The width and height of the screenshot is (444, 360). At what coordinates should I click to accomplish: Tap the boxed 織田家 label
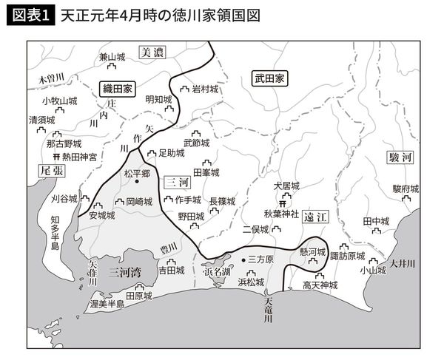point(117,87)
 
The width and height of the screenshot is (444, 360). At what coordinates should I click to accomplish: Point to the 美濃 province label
point(153,52)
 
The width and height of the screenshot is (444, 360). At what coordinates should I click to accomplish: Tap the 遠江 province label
point(315,217)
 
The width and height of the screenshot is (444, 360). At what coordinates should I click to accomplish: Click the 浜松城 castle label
point(250,282)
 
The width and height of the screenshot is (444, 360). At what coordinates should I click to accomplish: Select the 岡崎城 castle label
point(138,201)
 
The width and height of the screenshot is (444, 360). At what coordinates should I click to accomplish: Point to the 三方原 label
point(260,259)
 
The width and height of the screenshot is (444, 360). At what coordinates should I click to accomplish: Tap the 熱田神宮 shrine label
point(77,157)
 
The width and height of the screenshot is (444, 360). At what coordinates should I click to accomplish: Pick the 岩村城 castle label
point(204,89)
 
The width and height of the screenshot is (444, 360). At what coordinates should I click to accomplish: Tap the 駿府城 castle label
point(406,189)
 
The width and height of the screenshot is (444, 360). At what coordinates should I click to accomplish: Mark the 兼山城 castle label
point(112,57)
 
